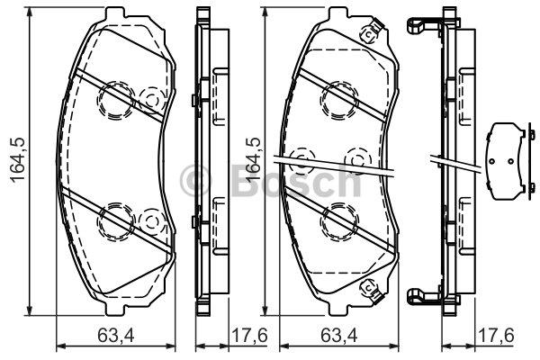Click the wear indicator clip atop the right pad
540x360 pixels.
[x=367, y=34]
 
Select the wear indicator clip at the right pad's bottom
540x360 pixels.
[x=367, y=288]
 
